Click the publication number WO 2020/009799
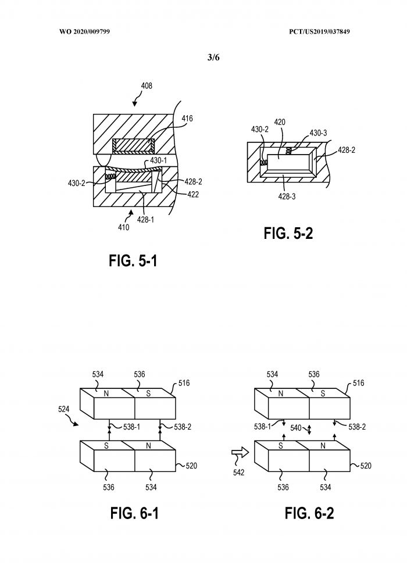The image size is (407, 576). coord(84,31)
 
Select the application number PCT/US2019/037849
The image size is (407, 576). coord(319,31)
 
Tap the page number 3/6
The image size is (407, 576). coord(213,58)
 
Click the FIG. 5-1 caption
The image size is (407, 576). coord(133,260)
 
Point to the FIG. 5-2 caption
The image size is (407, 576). coord(288,233)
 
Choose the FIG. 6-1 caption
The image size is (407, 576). coord(134,513)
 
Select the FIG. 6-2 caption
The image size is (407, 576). coord(309,513)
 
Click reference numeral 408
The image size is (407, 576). coord(147,86)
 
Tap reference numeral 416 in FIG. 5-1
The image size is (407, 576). coord(187,119)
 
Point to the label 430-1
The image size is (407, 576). coord(158,160)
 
